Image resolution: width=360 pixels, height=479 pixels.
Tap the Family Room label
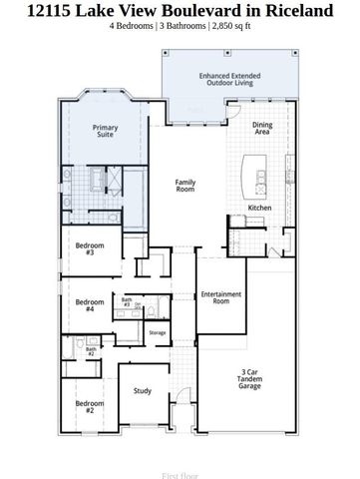pos(185,185)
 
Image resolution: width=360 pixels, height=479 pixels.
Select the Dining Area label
pos(262,128)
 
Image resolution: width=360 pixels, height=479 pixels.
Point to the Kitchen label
pos(259,208)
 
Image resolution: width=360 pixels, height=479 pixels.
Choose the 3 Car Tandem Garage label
pos(250,379)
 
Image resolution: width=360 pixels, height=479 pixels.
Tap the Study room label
pos(143,390)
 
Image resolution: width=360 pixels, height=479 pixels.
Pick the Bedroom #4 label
pos(89,305)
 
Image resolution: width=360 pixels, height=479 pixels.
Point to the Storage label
pos(158,332)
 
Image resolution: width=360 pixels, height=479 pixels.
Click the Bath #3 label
pos(127,301)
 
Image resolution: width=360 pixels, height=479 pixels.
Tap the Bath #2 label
pos(90,351)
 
